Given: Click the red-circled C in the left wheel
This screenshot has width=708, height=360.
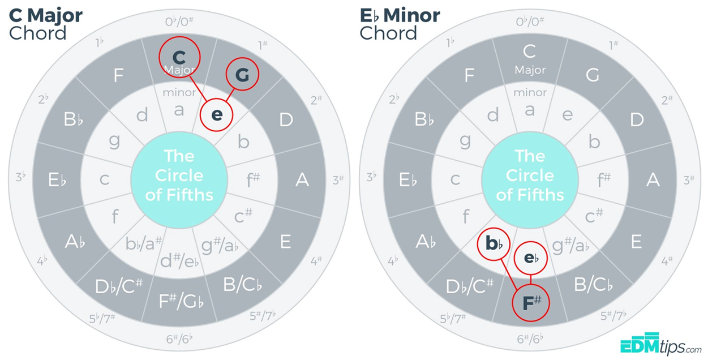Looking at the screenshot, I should click(179, 57).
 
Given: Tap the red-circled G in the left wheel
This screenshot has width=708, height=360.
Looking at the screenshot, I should click(242, 75).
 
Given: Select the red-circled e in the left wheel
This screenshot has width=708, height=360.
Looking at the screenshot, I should click(217, 115).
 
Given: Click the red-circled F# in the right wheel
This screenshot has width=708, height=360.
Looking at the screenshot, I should click(531, 303).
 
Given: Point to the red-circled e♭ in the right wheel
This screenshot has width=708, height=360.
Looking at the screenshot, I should click(531, 258).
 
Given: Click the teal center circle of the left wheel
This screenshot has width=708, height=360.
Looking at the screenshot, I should click(179, 175).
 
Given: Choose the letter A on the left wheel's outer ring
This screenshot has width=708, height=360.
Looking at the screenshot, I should click(302, 180).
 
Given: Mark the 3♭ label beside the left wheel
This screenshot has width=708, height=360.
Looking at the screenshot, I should click(21, 177).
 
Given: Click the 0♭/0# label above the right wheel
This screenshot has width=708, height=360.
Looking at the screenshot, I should click(530, 22).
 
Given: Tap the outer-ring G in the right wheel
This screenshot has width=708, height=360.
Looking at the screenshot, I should click(592, 75).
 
